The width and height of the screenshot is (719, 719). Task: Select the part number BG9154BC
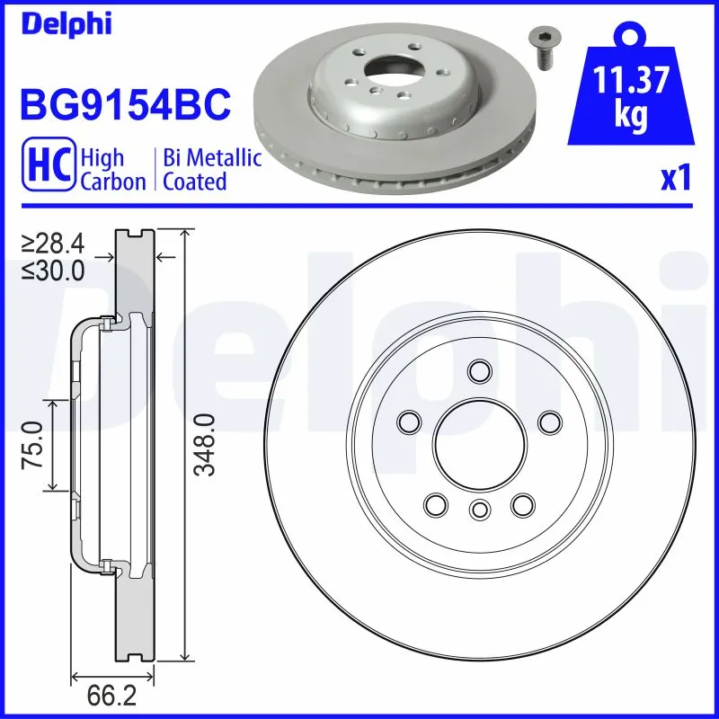tap(126, 105)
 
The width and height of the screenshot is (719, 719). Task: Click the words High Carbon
tap(112, 170)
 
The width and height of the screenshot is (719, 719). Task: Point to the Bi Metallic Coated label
tap(212, 170)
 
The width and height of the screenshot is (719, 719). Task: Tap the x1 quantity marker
tap(676, 180)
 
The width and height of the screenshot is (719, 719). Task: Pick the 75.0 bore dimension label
tap(34, 444)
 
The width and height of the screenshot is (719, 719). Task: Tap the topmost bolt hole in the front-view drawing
tap(478, 370)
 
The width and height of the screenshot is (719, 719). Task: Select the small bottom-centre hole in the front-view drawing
tap(478, 510)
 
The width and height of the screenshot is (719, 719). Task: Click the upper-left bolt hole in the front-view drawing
tap(410, 420)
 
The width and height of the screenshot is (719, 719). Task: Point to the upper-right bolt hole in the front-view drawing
tap(546, 420)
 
